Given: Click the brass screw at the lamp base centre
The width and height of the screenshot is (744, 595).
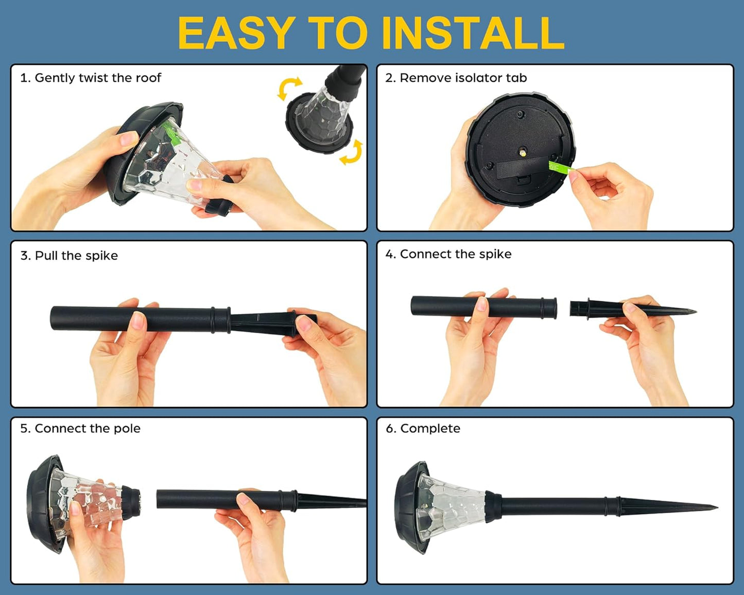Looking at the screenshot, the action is coord(523,151).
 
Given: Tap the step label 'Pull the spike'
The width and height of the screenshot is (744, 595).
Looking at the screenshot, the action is coord(76,255).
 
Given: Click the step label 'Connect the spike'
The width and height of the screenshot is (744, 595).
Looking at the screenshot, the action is coord(456,254).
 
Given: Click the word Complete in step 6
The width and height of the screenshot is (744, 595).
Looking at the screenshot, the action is coord(430,429).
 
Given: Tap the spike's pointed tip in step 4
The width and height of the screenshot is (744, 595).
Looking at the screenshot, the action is coord(696,312).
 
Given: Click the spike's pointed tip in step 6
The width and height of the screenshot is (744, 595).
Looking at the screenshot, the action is coord(717,507).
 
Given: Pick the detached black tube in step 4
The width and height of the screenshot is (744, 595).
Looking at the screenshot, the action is coord(483,307).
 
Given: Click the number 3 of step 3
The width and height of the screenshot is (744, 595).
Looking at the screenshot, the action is coord(24,255).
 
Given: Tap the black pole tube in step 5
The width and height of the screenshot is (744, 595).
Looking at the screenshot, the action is coord(227,500).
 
